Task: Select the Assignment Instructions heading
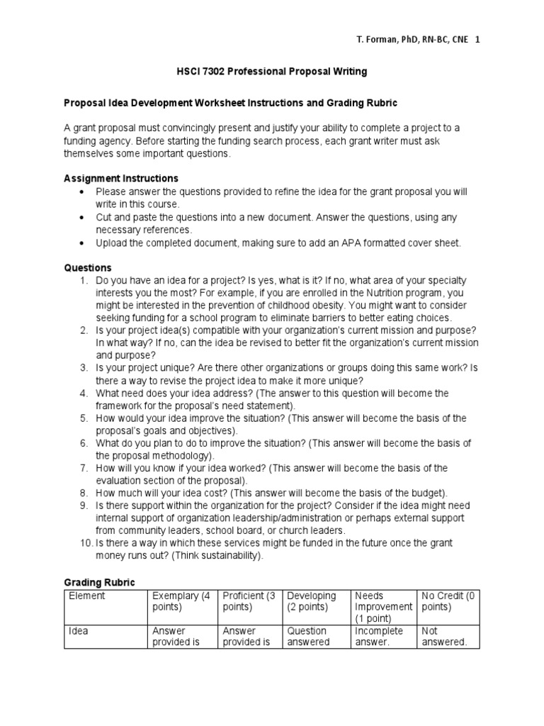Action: [121, 178]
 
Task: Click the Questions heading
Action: [88, 268]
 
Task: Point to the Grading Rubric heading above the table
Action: [99, 582]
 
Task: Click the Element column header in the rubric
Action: [86, 596]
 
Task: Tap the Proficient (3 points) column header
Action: [249, 602]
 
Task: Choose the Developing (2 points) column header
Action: [312, 602]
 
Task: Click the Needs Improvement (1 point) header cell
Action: [382, 607]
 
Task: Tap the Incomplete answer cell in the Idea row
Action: [379, 637]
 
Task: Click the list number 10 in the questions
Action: [86, 543]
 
